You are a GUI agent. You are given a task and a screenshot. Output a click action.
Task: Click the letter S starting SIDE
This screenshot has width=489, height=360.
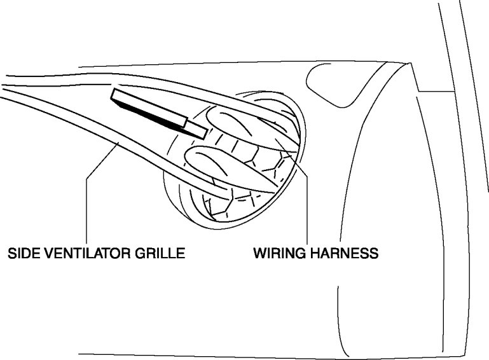click(11, 254)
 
